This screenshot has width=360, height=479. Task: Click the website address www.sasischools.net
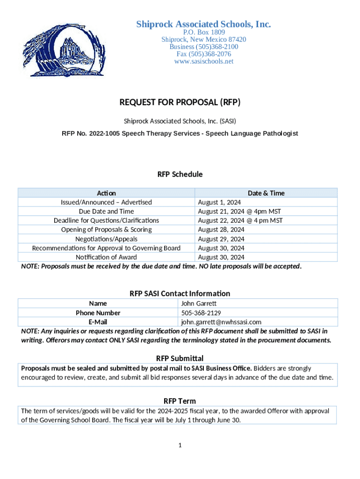(203, 61)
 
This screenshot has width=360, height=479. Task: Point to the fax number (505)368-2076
(203, 54)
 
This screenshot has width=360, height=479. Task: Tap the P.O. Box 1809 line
(203, 32)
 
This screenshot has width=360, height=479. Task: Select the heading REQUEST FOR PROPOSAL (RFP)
(180, 102)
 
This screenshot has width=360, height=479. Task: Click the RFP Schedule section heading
(180, 174)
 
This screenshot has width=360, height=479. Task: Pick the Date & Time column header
(266, 193)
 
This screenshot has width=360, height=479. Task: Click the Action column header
(106, 193)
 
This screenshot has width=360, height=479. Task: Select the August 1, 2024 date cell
(219, 202)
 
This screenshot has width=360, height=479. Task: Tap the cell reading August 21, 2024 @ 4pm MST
(239, 211)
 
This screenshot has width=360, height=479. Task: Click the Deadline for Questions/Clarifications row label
(106, 220)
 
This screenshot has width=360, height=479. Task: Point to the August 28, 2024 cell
(221, 230)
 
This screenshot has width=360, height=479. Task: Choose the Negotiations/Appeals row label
(106, 239)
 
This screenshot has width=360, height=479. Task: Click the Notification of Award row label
(106, 257)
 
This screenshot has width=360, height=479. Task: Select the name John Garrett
(199, 304)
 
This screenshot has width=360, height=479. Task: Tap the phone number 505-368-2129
(201, 312)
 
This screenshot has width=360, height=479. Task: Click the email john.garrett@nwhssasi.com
(221, 322)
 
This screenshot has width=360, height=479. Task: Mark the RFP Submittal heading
(180, 358)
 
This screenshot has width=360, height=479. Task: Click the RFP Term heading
(180, 401)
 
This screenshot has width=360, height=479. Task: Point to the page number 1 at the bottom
(180, 445)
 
